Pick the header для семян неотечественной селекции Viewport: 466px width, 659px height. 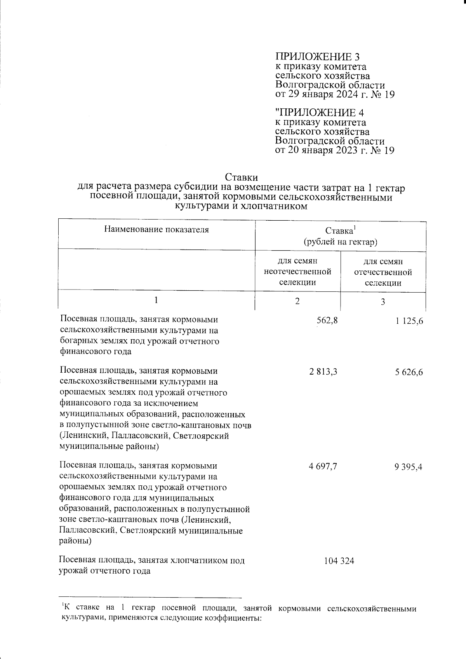click(x=297, y=272)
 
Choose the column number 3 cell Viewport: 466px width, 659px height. click(x=383, y=302)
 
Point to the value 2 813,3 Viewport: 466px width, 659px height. click(x=323, y=372)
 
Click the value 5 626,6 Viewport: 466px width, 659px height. click(x=409, y=373)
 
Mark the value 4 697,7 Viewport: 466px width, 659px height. click(x=323, y=466)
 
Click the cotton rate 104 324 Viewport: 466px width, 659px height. click(x=339, y=561)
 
